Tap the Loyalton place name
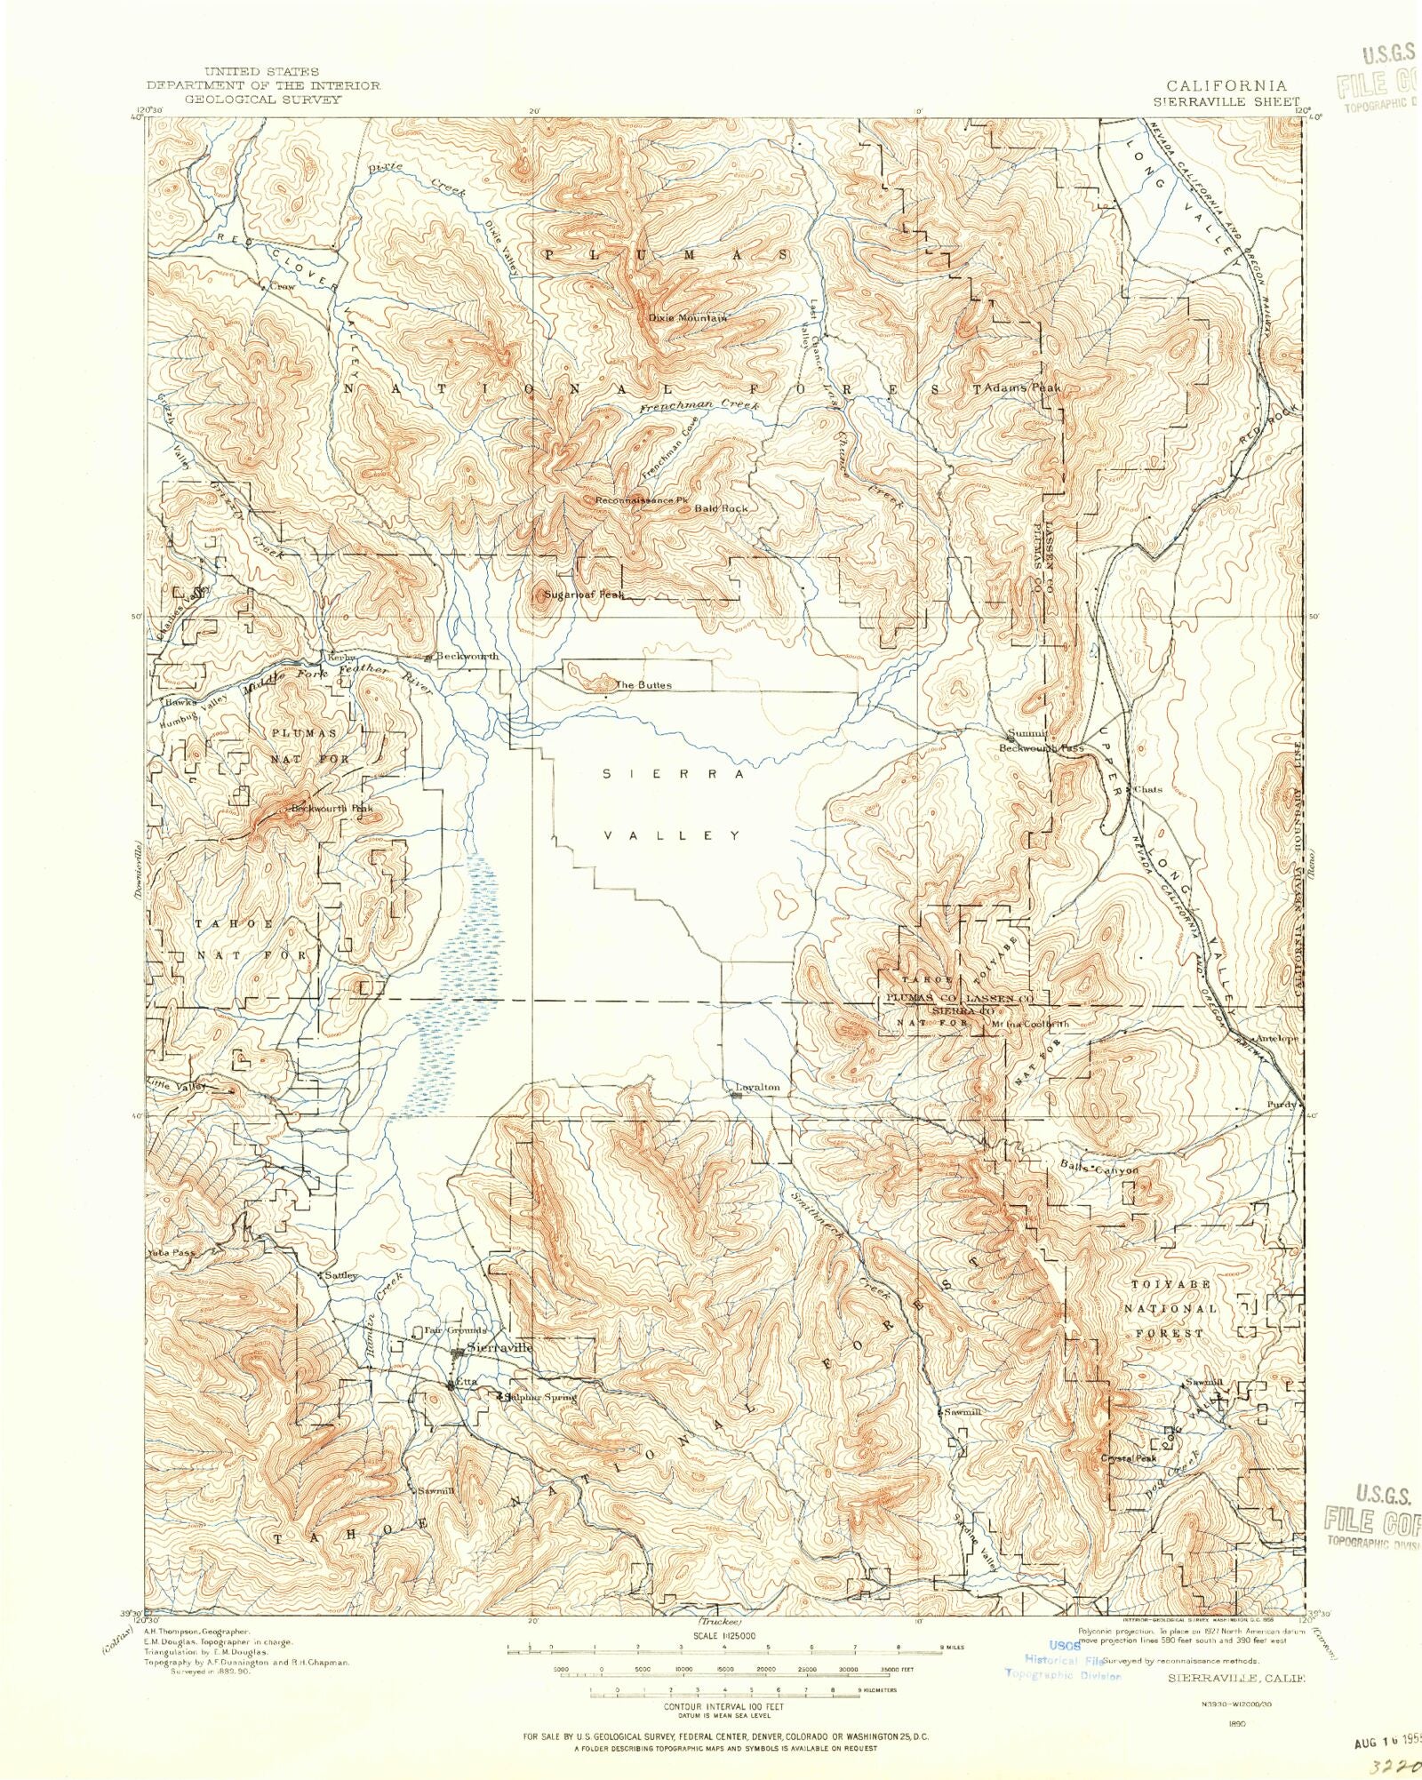758,1087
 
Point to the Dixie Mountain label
688,317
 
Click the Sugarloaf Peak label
585,594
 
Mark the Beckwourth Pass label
1042,748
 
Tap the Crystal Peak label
1129,1458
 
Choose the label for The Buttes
643,685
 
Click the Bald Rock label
721,508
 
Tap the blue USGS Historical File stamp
1064,1659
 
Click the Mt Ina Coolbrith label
1031,1024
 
